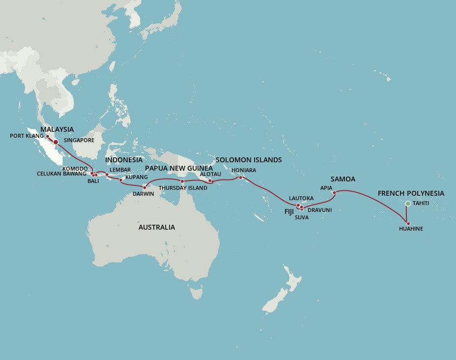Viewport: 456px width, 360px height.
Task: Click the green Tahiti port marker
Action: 408,204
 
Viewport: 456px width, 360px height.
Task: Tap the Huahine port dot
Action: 408,223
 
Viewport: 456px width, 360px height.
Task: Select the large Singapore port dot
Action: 56,142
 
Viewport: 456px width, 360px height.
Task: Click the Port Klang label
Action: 27,136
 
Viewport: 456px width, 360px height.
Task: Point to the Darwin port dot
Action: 144,187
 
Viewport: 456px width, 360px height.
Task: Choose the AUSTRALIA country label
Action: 156,227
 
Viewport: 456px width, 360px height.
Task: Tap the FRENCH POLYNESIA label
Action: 411,193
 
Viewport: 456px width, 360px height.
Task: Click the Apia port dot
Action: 334,193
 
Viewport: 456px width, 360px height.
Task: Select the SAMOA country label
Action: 343,179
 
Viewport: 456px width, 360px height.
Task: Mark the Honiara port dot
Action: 240,178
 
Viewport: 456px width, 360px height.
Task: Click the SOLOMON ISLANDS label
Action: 249,160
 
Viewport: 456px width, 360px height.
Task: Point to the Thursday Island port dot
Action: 182,181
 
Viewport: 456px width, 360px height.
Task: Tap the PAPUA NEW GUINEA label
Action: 179,168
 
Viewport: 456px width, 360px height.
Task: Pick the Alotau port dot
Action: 210,180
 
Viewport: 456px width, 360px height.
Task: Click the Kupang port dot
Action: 121,180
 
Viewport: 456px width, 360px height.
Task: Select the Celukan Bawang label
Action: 61,174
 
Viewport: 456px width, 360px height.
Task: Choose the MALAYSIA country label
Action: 57,129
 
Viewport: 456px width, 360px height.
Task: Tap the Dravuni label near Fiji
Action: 320,210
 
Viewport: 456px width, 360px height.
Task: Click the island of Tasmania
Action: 197,293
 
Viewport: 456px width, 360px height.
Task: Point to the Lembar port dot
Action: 107,175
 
